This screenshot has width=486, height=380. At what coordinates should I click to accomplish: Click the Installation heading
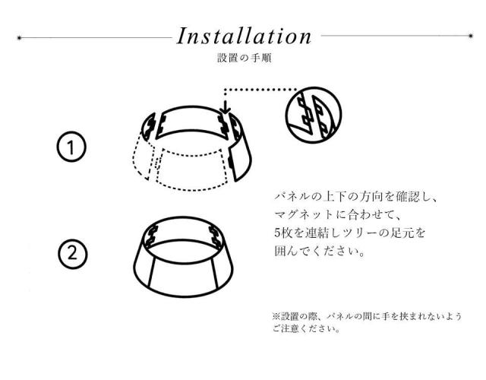click(244, 36)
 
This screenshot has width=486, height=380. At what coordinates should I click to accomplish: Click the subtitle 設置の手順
click(245, 58)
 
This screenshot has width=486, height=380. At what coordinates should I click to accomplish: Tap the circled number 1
click(71, 147)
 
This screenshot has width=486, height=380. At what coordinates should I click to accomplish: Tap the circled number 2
click(73, 254)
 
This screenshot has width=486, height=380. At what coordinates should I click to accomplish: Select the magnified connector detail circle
click(314, 115)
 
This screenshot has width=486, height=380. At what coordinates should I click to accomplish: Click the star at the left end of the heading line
click(19, 38)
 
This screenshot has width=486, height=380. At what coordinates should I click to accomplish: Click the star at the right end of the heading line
click(471, 36)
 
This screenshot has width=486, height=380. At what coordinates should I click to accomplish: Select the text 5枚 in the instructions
click(283, 233)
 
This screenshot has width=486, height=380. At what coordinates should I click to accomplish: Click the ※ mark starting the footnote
click(276, 316)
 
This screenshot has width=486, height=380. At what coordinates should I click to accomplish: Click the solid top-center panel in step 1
click(191, 120)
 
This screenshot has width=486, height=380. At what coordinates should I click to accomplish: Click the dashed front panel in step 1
click(191, 169)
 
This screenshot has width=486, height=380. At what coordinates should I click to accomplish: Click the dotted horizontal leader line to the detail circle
click(260, 90)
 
